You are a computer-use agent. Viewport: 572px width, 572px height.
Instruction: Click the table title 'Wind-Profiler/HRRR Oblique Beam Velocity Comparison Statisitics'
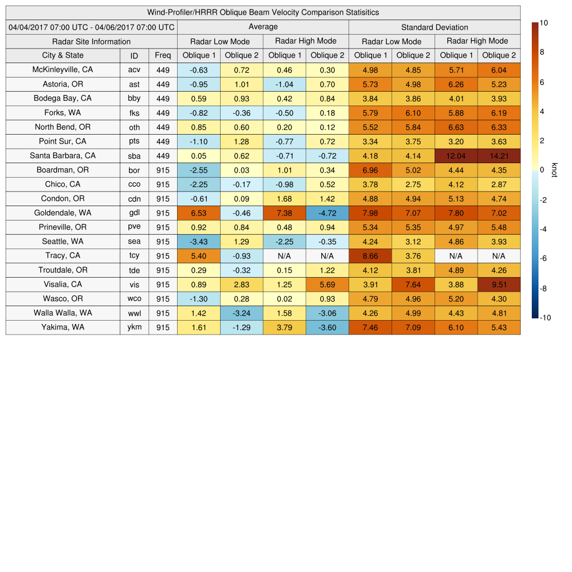point(263,12)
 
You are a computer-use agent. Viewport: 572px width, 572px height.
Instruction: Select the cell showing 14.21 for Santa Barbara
point(499,156)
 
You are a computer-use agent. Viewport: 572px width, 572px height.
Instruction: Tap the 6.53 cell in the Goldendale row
point(198,213)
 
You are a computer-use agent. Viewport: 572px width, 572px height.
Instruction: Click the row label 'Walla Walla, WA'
point(63,313)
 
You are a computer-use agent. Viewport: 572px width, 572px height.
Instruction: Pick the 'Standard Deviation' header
point(435,27)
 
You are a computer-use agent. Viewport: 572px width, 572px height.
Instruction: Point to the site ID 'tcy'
point(134,256)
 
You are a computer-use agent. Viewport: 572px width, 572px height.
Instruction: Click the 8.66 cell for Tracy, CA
point(370,256)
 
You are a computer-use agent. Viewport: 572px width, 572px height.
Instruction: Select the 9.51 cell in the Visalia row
point(499,284)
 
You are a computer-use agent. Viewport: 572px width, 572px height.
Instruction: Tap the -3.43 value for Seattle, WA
point(198,241)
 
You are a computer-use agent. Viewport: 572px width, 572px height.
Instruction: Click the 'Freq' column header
point(163,55)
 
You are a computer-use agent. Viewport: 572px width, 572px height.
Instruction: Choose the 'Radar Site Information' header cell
point(91,41)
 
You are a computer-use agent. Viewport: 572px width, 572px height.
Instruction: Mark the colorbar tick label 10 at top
point(544,23)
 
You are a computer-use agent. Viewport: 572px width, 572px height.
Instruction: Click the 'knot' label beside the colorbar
point(555,170)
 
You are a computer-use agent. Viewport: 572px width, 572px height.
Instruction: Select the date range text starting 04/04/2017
point(91,27)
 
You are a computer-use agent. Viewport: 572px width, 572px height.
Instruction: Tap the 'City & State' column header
point(63,55)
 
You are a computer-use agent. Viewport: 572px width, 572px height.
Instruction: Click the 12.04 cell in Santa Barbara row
point(456,156)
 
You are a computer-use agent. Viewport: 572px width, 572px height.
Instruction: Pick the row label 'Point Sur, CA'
point(63,141)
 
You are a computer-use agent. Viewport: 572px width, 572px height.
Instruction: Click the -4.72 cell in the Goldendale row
point(327,213)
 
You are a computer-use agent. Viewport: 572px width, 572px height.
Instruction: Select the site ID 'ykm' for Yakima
point(134,327)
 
